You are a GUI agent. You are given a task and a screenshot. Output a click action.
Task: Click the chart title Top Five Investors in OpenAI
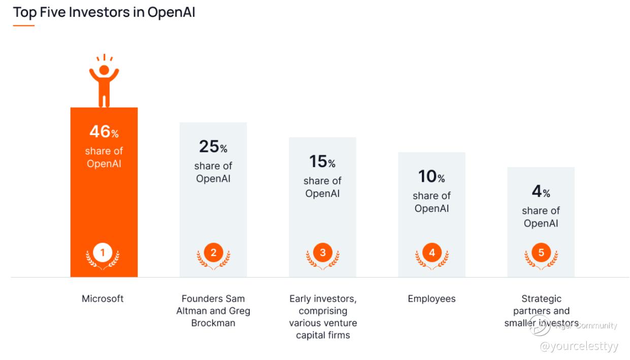104,12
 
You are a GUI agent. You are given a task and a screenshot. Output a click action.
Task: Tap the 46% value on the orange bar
104,132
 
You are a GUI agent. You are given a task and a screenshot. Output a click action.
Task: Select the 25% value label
213,147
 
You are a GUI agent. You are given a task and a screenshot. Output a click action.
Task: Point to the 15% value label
322,162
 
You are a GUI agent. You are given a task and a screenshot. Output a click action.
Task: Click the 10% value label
432,177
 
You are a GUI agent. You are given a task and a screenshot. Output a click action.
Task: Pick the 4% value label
541,192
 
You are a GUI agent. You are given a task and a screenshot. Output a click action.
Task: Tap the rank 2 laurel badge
213,253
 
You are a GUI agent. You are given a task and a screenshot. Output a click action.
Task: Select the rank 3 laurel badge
322,253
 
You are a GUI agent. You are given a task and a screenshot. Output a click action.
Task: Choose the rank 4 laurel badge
432,253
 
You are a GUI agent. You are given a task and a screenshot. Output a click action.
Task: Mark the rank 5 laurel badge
541,253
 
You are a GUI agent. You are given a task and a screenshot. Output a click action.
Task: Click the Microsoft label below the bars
103,299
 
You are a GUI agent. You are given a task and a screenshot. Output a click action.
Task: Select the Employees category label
432,299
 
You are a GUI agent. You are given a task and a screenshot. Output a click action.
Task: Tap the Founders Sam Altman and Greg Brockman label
213,311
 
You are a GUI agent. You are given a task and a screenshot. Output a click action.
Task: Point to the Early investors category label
323,317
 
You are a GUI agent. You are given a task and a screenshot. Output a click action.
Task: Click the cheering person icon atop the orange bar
104,81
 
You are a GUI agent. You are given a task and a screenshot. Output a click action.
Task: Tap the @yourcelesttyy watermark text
579,346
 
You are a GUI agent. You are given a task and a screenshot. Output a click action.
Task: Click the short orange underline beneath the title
24,25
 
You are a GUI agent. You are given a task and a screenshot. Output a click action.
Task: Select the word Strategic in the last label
541,299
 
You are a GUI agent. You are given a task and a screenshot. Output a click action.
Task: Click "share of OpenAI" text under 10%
432,202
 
